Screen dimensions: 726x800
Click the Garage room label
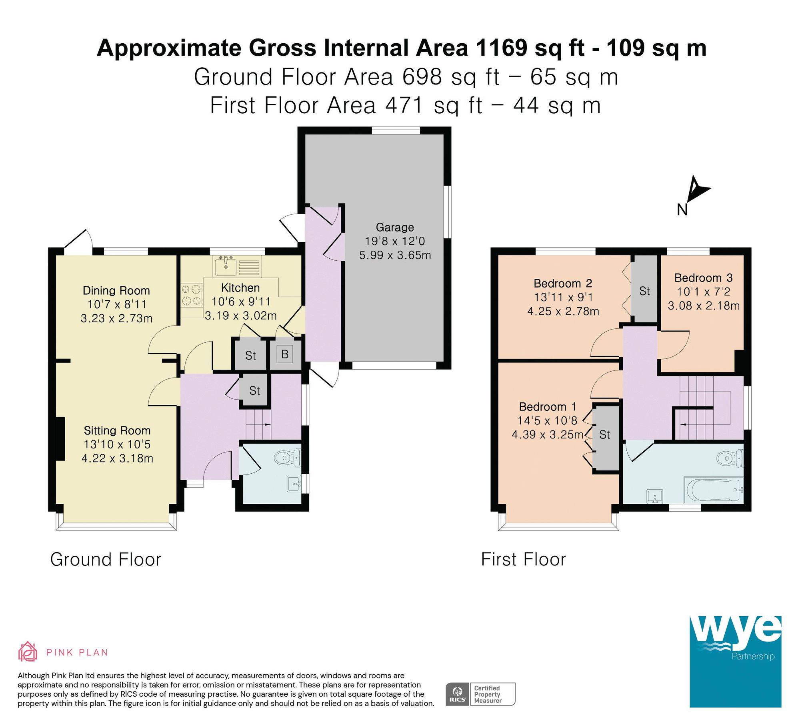coord(395,227)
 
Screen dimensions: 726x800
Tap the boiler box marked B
coord(285,354)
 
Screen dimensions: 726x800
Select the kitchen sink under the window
coord(226,265)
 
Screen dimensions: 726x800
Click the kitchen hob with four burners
coord(191,295)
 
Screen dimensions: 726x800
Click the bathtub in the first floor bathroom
coord(713,490)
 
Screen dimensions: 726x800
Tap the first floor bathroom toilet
coord(730,459)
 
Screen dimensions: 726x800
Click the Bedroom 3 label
coord(703,278)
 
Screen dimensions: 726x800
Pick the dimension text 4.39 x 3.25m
coord(547,434)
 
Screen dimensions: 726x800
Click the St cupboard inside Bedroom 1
coord(605,435)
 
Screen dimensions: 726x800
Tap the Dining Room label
coord(116,291)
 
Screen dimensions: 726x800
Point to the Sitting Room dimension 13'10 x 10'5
coord(117,444)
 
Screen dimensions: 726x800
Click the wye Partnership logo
coord(735,662)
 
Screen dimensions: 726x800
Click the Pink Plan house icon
coord(28,652)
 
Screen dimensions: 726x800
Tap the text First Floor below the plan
coord(523,559)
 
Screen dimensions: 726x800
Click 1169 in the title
coord(501,48)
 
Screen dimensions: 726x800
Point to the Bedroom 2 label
coord(562,284)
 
